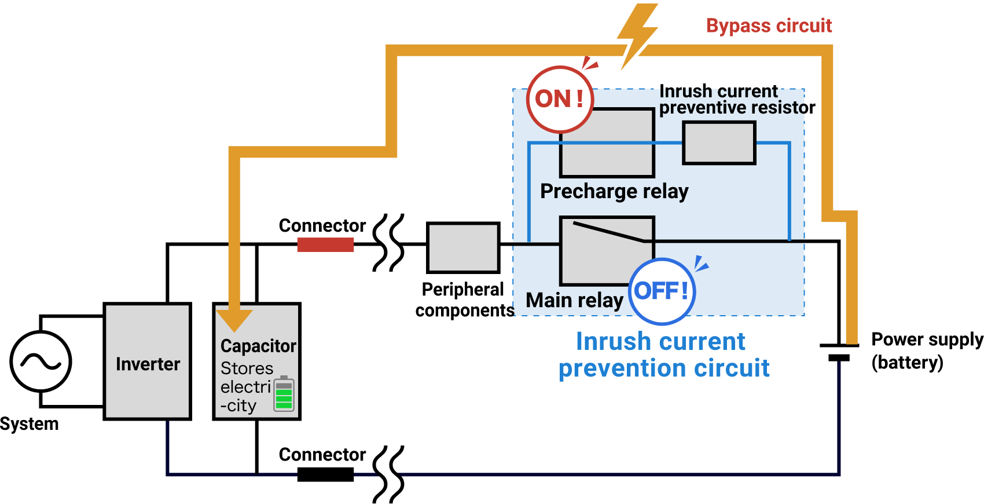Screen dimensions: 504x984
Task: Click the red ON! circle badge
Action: pyautogui.click(x=560, y=99)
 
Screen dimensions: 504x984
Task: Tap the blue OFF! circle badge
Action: pyautogui.click(x=662, y=291)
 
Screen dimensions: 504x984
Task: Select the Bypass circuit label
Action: pyautogui.click(x=769, y=25)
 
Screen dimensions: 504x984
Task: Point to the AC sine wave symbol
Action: pyautogui.click(x=41, y=361)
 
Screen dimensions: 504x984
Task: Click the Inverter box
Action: pyautogui.click(x=147, y=361)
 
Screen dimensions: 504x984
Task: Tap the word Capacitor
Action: pyautogui.click(x=258, y=346)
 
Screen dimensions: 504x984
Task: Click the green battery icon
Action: pyautogui.click(x=284, y=394)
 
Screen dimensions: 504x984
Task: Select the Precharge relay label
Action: pyautogui.click(x=614, y=191)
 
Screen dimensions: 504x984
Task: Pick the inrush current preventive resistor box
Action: pyautogui.click(x=719, y=143)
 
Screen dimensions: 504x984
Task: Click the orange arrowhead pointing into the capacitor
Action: pyautogui.click(x=234, y=319)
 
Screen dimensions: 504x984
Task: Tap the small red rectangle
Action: pyautogui.click(x=325, y=245)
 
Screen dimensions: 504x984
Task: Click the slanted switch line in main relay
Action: pyautogui.click(x=608, y=231)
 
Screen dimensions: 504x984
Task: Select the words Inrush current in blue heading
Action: pyautogui.click(x=660, y=341)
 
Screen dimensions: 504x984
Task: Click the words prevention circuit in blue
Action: pyautogui.click(x=664, y=368)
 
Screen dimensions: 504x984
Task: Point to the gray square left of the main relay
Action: pyautogui.click(x=462, y=247)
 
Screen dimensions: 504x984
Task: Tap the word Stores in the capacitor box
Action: pyautogui.click(x=247, y=368)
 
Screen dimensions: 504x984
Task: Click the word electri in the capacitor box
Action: pyautogui.click(x=245, y=387)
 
